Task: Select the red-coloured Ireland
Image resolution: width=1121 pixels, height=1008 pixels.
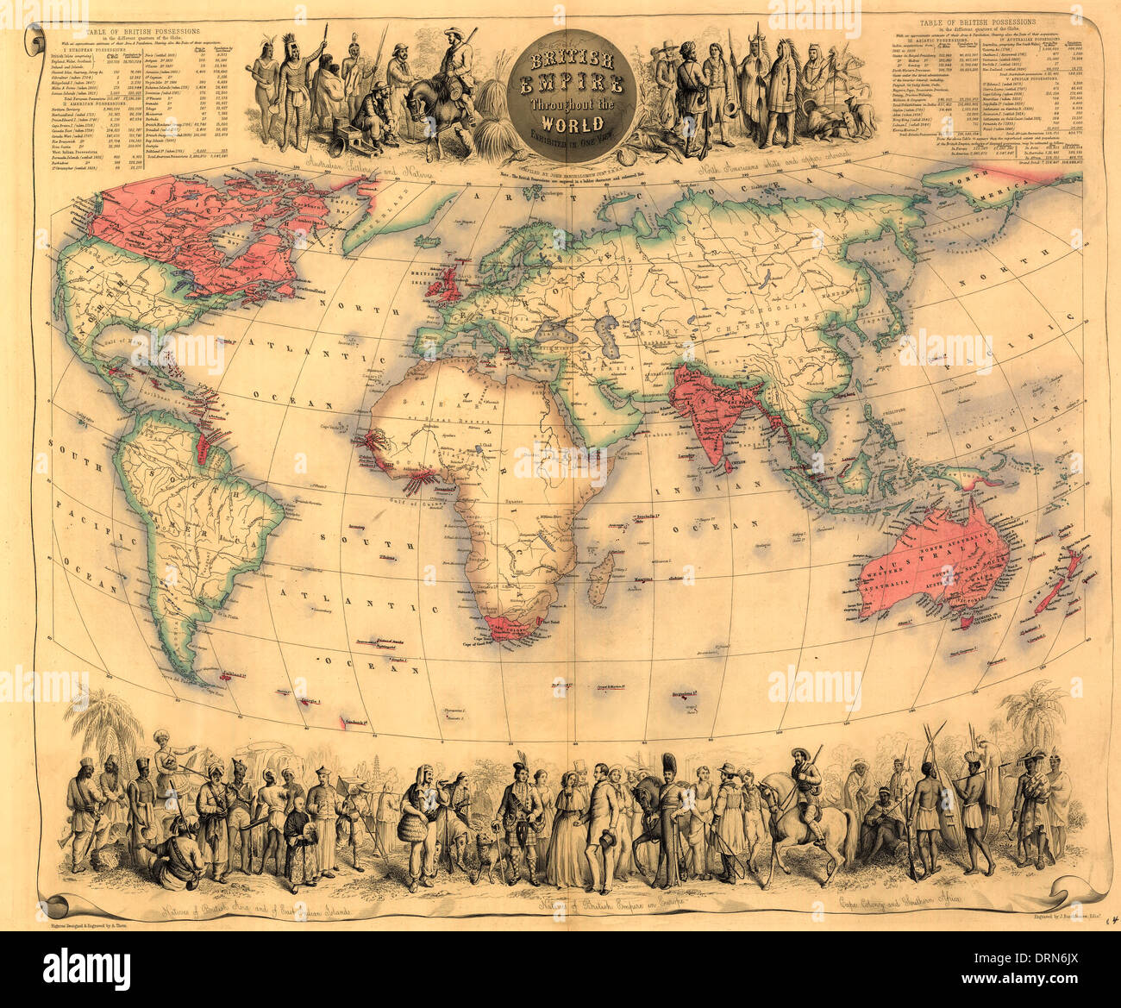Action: [x=431, y=286]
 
